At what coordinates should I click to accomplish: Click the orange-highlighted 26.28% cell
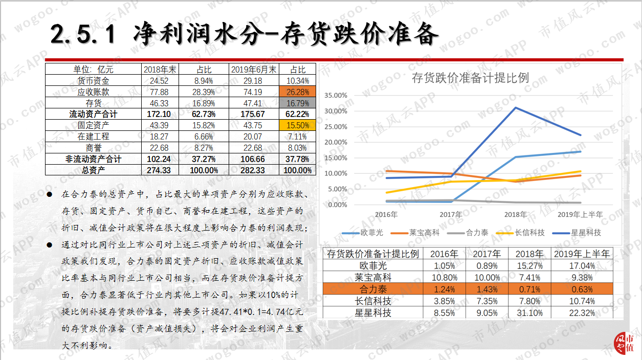298,92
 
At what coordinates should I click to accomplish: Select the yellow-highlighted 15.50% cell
298,125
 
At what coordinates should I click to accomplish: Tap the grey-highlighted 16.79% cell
298,103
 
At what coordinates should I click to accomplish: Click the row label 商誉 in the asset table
94,148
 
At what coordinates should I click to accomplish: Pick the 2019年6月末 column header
254,70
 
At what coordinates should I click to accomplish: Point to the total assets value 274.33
159,170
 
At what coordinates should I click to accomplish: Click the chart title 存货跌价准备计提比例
470,78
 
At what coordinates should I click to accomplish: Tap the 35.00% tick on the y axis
336,96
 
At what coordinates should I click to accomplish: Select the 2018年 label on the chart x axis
515,214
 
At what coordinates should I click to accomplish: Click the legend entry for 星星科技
577,233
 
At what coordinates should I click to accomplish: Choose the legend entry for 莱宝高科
415,233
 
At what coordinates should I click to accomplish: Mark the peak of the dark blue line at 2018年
516,108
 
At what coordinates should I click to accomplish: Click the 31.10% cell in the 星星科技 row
529,313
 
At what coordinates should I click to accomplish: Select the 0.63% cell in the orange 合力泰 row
582,289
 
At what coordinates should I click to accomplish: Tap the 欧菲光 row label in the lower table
373,266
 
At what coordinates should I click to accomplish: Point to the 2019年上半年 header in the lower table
582,254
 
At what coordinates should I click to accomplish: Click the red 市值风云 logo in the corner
624,343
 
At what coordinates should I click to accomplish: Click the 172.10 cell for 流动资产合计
159,114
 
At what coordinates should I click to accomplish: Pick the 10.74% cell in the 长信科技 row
582,301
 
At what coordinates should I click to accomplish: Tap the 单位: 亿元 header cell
94,70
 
